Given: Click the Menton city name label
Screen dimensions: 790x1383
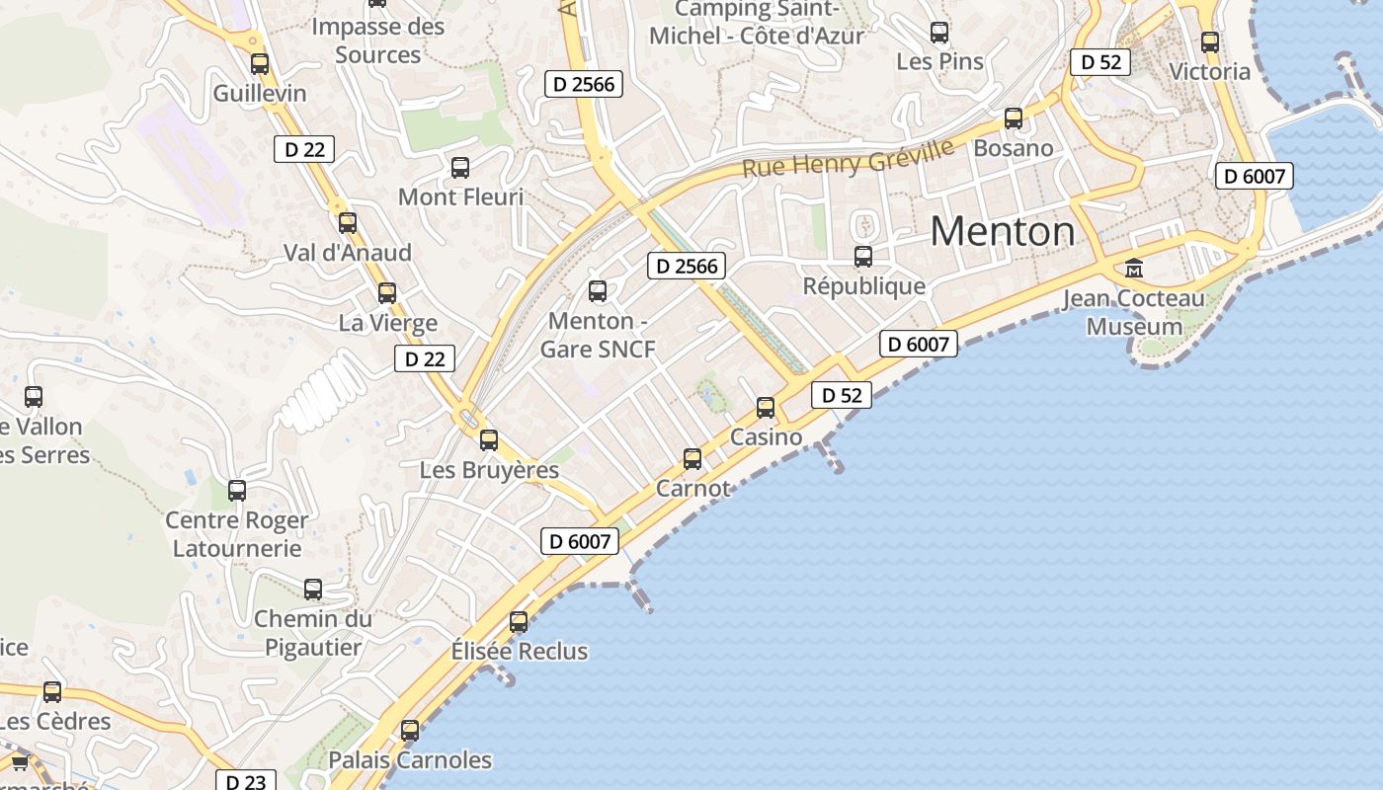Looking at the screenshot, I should click(x=1003, y=231).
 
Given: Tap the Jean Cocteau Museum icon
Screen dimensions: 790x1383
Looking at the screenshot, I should click(x=1134, y=268).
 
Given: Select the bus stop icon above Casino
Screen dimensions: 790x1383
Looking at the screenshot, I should click(x=766, y=407).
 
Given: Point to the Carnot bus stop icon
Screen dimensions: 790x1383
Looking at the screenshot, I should click(x=692, y=458).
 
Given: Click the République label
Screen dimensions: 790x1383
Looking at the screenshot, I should click(x=864, y=286).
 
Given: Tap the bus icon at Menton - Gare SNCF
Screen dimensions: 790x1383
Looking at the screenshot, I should click(x=598, y=291).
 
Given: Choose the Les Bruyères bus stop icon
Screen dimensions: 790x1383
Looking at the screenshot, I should click(x=489, y=440).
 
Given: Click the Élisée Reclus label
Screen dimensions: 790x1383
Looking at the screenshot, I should click(x=520, y=652).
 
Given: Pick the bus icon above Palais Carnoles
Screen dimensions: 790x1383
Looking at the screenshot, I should click(x=410, y=731).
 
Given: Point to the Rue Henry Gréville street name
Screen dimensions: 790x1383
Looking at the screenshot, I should click(x=849, y=158).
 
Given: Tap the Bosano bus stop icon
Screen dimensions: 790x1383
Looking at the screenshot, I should click(x=1014, y=118).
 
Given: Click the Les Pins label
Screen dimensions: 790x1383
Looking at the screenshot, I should click(x=939, y=61).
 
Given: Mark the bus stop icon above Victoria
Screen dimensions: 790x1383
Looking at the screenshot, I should click(x=1210, y=42).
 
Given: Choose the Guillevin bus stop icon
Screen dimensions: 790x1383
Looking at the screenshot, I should click(x=260, y=64).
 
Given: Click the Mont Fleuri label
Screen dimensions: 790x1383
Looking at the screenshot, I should click(x=460, y=197).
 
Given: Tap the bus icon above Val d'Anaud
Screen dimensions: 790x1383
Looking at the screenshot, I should click(x=348, y=223).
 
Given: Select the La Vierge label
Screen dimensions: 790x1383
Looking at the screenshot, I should click(x=388, y=323).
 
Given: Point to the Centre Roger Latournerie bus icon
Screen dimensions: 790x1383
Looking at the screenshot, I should click(x=237, y=490).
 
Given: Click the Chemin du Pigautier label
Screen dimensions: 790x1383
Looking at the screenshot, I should click(x=313, y=633).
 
